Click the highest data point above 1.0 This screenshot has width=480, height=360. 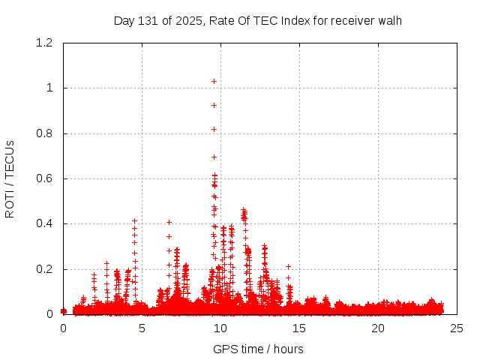pos(214,81)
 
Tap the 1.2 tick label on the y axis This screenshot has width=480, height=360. pos(44,43)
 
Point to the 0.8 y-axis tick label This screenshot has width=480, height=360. pos(44,133)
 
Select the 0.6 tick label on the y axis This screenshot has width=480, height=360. pos(44,178)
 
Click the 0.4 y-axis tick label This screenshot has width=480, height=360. pos(44,223)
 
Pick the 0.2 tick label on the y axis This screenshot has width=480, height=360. pos(44,269)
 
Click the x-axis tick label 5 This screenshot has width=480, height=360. pos(142,328)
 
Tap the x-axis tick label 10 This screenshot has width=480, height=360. pos(220,328)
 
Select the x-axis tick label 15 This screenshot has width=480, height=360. pos(299,328)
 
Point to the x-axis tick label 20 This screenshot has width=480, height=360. pos(378,328)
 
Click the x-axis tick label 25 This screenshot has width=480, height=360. pos(457,328)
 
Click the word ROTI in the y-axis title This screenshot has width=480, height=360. pos(10,204)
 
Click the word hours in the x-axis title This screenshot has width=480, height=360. pos(288,349)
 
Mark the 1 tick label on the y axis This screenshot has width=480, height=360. pos(49,88)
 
